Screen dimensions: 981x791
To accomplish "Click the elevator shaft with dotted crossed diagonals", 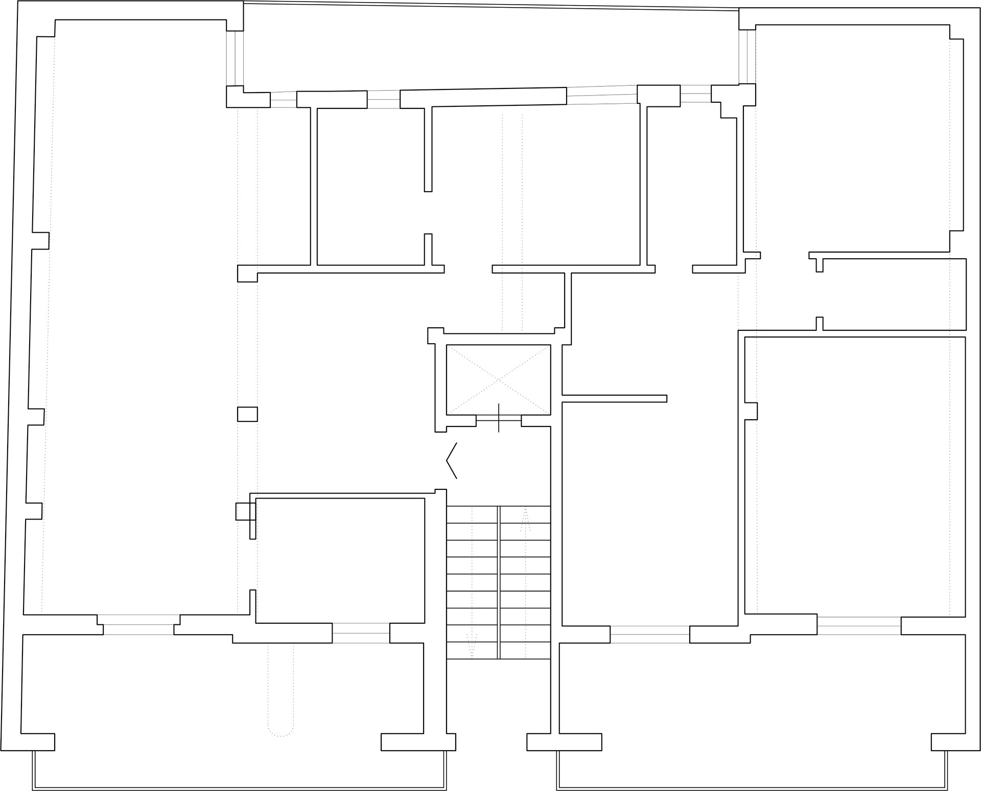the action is click(498, 379).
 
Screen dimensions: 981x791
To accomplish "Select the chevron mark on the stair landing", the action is click(451, 461).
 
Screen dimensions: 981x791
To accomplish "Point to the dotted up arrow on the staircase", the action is click(525, 521).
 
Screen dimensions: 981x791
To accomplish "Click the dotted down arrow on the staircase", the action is click(472, 646).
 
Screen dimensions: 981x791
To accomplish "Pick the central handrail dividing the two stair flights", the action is click(498, 582).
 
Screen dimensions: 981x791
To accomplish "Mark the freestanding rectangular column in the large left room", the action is click(247, 414).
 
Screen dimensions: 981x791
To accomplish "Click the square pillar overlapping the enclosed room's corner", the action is click(245, 511).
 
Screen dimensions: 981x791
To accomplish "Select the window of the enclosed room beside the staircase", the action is click(361, 633).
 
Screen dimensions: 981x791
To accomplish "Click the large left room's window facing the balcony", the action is click(138, 625).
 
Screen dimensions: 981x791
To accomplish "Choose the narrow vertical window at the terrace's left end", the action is click(235, 58).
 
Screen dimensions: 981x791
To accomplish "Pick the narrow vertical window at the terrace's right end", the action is click(747, 57).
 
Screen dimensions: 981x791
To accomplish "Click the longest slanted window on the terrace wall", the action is click(601, 95).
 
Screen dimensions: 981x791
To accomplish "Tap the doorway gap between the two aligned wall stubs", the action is click(428, 213).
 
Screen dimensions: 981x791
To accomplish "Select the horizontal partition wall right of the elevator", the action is click(614, 398).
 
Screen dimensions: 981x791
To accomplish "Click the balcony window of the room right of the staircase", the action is click(649, 635).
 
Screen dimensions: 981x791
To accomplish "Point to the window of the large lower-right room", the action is click(859, 626).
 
